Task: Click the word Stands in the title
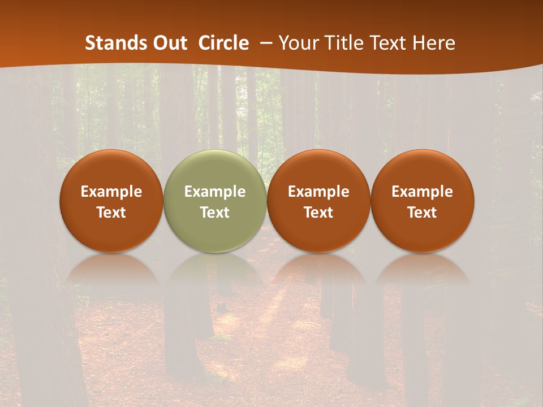tap(115, 43)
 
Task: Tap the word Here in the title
tap(433, 43)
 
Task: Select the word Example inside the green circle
tap(215, 192)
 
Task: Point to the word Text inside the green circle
tap(215, 213)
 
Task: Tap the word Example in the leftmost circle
tap(111, 192)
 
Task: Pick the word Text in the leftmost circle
tap(111, 213)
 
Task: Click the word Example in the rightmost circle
tap(423, 192)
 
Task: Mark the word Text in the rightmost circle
tap(423, 213)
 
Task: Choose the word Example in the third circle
tap(318, 192)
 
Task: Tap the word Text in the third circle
tap(318, 213)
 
